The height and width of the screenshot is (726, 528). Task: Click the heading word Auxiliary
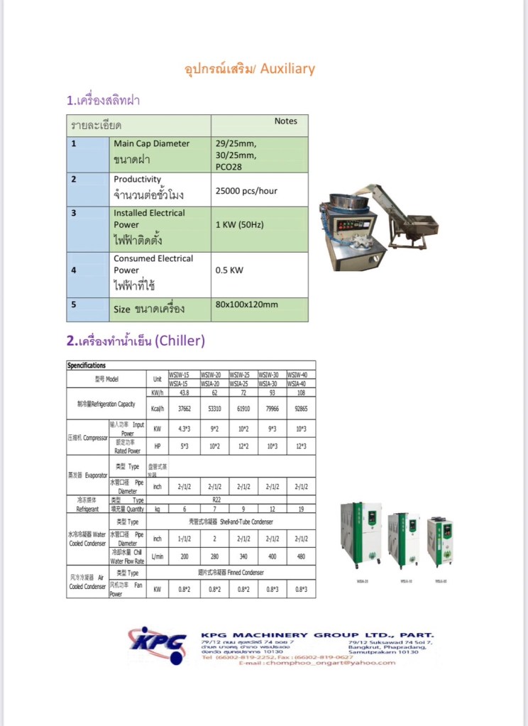(x=287, y=69)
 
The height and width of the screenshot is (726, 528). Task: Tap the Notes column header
(x=285, y=121)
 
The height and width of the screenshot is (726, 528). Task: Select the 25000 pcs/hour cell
(x=246, y=191)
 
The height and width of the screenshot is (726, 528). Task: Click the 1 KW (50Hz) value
(x=239, y=224)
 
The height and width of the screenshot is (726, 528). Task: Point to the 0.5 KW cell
(x=229, y=270)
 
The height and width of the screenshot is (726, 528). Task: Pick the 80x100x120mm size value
(x=246, y=305)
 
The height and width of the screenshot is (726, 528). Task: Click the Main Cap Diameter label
(x=151, y=143)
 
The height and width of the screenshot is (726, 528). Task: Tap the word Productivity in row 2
(x=137, y=180)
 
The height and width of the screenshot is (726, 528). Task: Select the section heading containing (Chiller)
(x=136, y=341)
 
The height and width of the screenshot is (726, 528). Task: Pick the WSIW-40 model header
(x=301, y=375)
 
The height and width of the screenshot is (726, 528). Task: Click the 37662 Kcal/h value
(x=183, y=409)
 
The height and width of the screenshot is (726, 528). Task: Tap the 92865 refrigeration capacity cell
(x=301, y=409)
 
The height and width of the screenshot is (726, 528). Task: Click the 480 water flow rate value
(x=301, y=556)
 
